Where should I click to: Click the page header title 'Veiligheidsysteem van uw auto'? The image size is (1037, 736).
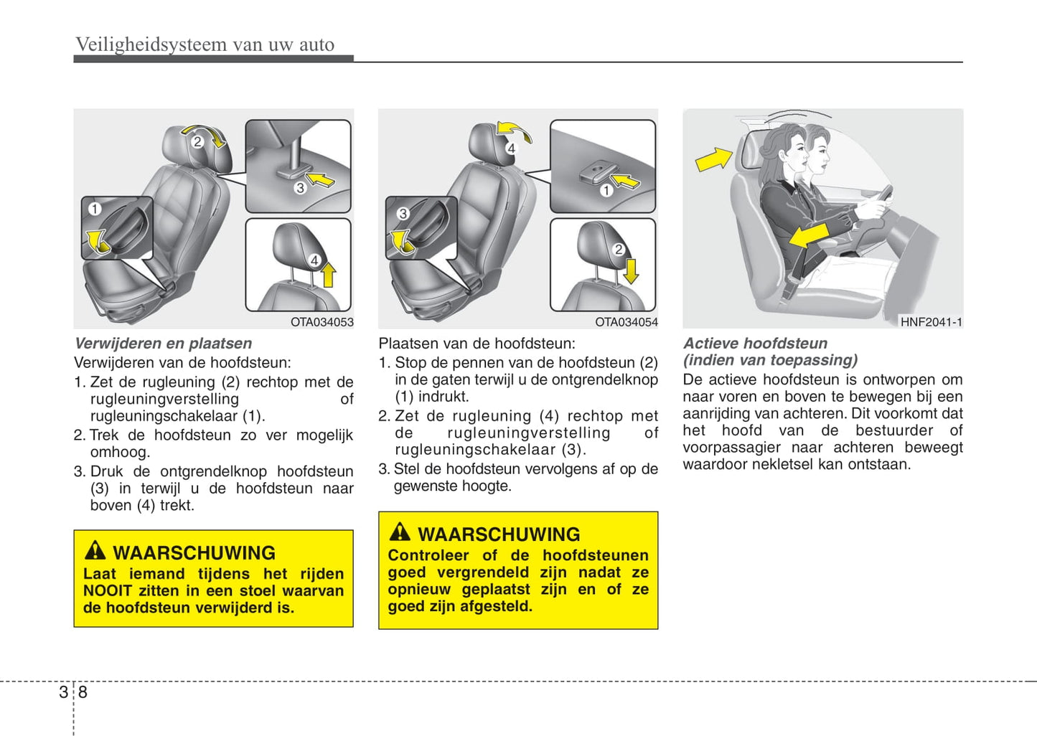pos(205,44)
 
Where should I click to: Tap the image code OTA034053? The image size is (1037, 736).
pos(322,322)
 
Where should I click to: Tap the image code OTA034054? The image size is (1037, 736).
pos(626,322)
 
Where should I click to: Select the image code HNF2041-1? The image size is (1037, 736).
pos(931,322)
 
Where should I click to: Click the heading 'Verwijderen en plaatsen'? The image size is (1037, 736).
pos(163,344)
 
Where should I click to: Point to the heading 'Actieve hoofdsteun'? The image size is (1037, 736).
pos(755,344)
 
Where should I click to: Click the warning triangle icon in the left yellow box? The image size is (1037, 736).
pos(95,551)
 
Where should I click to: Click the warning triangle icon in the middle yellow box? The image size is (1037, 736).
pos(400,532)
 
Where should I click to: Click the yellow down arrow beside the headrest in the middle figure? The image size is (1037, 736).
pos(632,271)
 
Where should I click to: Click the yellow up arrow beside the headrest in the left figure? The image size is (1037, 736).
pos(328,275)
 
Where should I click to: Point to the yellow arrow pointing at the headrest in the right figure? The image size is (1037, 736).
pos(713,159)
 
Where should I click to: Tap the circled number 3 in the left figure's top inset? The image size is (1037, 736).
pos(300,188)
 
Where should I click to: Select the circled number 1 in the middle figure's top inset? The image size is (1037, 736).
pos(606,190)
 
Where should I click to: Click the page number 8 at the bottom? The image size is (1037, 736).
pos(83,692)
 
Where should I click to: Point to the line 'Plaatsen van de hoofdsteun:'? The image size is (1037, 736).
pos(477,344)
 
